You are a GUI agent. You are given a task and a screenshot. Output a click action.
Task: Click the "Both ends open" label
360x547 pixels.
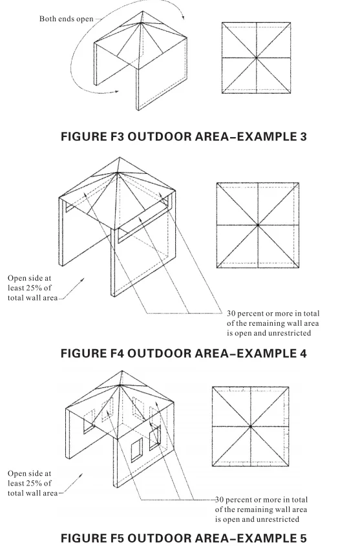[67, 19]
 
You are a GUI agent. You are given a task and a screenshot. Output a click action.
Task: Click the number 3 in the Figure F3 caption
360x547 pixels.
[302, 136]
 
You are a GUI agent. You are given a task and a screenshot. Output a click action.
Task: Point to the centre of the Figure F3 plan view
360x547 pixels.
[257, 58]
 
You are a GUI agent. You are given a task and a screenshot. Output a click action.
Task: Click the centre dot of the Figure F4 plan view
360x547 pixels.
[258, 226]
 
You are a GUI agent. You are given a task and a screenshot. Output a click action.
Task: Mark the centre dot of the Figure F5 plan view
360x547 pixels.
[251, 426]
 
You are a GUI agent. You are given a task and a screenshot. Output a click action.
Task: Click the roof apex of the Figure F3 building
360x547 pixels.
[143, 12]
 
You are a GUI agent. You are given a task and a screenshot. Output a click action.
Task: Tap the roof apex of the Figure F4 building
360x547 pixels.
[120, 158]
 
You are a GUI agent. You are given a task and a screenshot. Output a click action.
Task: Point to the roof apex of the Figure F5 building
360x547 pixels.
[122, 372]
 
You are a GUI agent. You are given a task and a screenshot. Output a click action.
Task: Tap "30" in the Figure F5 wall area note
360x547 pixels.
[219, 500]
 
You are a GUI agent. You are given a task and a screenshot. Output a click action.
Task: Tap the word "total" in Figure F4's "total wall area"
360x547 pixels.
[17, 298]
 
